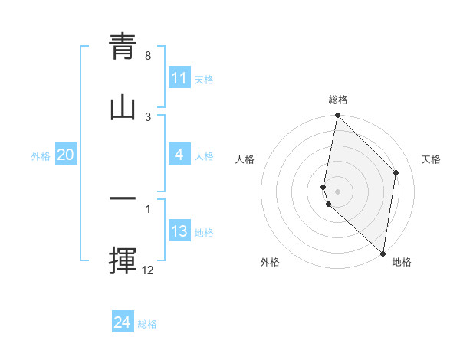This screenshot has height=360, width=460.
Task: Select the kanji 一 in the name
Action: [123, 200]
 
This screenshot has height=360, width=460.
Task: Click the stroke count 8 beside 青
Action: [148, 56]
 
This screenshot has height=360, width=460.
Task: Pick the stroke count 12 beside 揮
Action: [148, 270]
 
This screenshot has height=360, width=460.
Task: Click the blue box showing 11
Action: [179, 78]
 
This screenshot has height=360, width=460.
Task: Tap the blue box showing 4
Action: [179, 155]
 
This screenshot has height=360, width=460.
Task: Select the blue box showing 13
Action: [179, 231]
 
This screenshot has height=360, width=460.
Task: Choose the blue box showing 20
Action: [66, 155]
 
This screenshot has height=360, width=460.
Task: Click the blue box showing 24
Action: [123, 322]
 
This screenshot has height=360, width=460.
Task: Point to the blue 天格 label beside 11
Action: [204, 79]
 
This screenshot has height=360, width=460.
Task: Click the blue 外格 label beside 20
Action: [41, 155]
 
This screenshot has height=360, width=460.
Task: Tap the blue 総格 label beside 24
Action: [147, 324]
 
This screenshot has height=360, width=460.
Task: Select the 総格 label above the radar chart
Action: [338, 100]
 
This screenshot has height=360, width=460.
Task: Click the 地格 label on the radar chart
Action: [402, 262]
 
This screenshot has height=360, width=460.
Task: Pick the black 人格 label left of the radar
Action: [245, 159]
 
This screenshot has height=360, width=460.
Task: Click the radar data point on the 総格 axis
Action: [337, 116]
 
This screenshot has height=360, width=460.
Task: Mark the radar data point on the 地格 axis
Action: [383, 253]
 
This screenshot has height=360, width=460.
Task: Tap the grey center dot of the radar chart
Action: [337, 191]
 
